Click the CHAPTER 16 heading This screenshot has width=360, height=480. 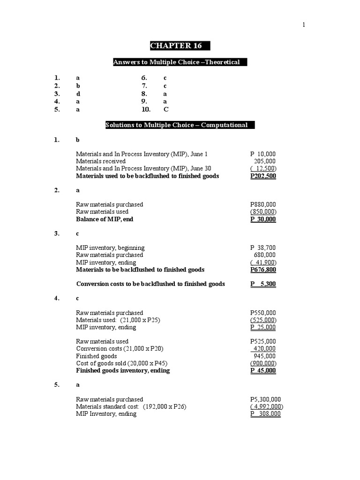pos(180,46)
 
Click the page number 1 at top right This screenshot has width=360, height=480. pos(304,25)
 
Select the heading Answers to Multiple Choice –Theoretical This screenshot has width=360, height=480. pos(180,62)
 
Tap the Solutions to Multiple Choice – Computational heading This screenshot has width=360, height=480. pos(180,125)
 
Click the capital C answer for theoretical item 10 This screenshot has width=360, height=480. pos(165,109)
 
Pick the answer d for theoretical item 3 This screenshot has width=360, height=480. pos(78,93)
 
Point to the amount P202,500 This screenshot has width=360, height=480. pos(263,176)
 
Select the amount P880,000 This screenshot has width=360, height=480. pos(263,204)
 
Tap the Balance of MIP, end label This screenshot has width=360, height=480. pos(105,219)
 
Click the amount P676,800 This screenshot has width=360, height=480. pos(263,270)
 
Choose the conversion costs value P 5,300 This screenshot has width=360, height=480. pos(263,284)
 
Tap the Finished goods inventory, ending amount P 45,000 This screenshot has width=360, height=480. pos(263,371)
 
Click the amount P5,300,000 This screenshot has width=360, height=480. pos(266,399)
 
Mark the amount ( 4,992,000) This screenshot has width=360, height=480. pos(266,407)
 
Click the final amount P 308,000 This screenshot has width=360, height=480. pos(265,414)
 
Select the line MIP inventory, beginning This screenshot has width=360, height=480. pos(110,248)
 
